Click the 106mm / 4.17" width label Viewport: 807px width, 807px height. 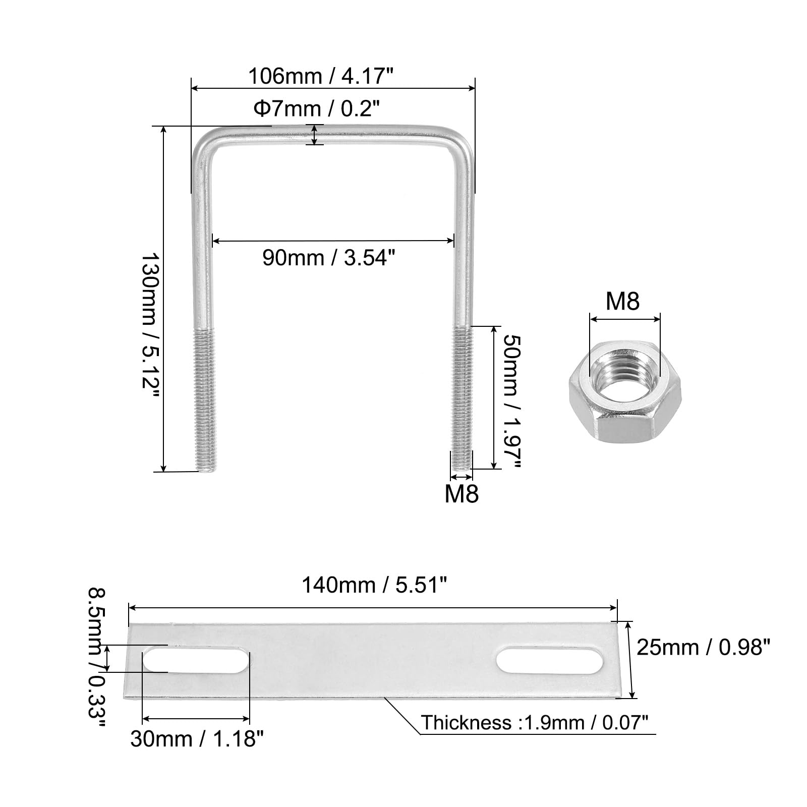click(x=320, y=77)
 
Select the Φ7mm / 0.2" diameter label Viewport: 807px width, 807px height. click(x=316, y=108)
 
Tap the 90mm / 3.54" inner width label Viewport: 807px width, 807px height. click(x=328, y=258)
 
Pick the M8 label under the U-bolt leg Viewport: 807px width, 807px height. click(x=462, y=494)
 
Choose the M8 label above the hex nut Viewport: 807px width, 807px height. click(x=622, y=301)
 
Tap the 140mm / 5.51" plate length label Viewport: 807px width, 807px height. click(x=374, y=585)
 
